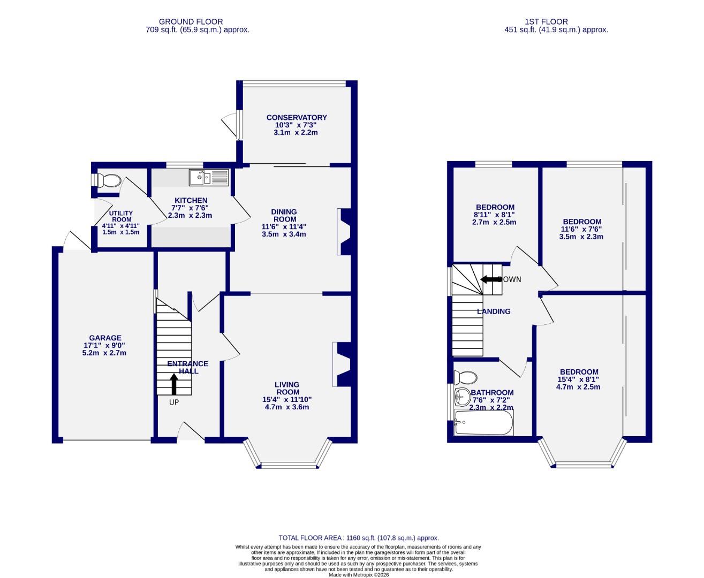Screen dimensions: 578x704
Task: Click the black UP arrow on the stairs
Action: pyautogui.click(x=174, y=384)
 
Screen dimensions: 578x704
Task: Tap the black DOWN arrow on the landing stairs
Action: pyautogui.click(x=489, y=279)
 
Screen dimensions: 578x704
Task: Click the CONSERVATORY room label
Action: pyautogui.click(x=297, y=118)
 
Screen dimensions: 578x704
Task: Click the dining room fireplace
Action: pyautogui.click(x=343, y=231)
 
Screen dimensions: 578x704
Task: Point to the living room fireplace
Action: pyautogui.click(x=340, y=364)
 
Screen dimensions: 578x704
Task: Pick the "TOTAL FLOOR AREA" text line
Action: pyautogui.click(x=358, y=538)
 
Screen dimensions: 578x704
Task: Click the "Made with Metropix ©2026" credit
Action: pyautogui.click(x=358, y=575)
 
